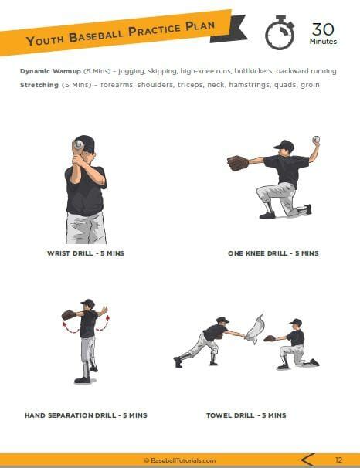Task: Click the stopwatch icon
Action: [279, 32]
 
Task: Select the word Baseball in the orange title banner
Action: [99, 35]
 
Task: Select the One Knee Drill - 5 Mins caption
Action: [273, 253]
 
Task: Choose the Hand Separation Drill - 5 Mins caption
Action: [85, 415]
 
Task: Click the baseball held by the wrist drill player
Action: [78, 144]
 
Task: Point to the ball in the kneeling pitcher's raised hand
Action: [315, 140]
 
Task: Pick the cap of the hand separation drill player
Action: [87, 304]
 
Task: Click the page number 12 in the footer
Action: [338, 460]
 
